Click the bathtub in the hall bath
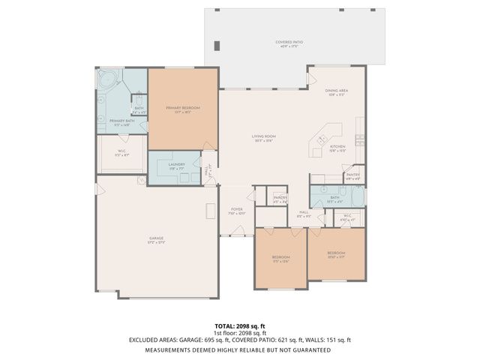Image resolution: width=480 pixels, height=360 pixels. point(358,197)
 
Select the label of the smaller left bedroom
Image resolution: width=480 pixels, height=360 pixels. point(280,257)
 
